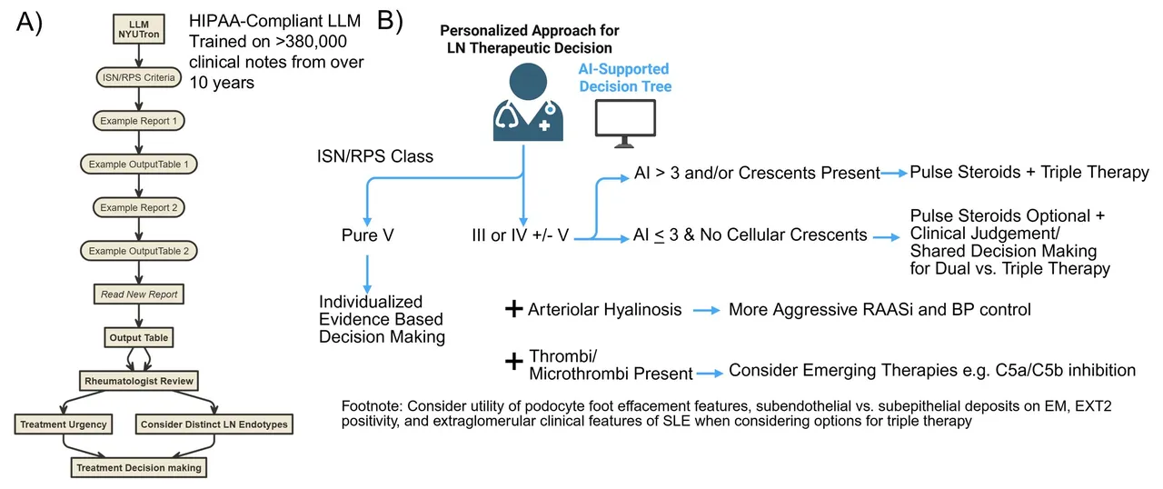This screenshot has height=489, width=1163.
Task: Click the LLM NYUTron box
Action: point(139,28)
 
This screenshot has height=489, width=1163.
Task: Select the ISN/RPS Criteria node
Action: point(139,77)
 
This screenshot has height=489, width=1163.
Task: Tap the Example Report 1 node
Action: point(139,121)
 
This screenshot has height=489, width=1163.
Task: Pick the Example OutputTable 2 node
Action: point(139,251)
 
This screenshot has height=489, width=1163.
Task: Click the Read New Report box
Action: point(139,294)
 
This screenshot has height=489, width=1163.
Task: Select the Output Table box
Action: point(139,337)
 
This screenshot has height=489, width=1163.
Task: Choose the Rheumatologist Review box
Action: point(139,381)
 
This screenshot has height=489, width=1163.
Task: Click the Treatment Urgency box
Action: point(64,424)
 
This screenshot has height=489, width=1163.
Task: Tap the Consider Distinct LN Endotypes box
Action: point(214,424)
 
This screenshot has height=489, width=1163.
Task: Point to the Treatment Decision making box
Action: point(139,468)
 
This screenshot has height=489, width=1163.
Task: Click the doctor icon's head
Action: point(528,82)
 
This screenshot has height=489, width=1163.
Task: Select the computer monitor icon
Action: point(625,124)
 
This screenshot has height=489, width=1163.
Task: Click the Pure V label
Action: point(368,235)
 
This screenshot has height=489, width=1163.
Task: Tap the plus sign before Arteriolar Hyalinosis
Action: point(514,309)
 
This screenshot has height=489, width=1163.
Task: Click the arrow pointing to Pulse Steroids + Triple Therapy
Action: point(894,174)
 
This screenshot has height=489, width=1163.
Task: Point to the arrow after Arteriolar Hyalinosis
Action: point(707,311)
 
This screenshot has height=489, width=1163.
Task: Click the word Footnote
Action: point(372,406)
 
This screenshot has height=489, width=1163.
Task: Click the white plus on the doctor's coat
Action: point(544,125)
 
